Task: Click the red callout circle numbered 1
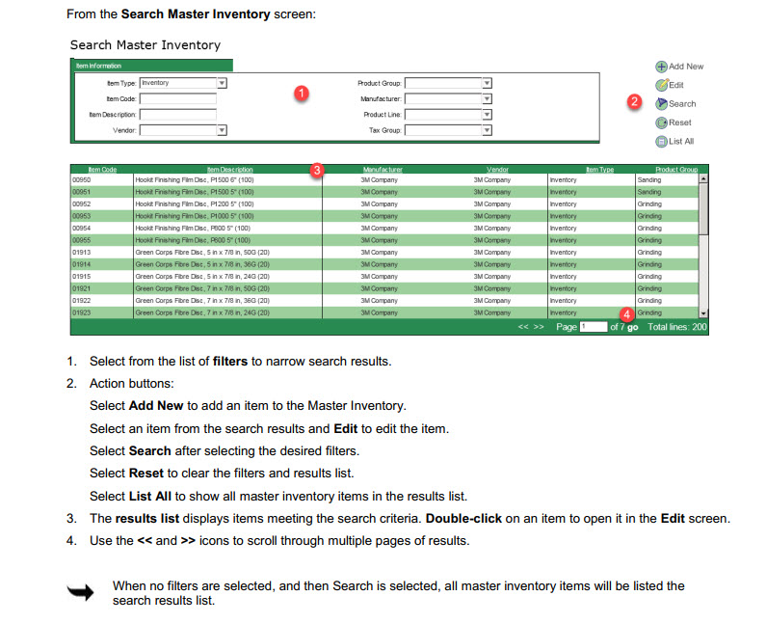point(302,94)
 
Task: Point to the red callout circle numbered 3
point(317,170)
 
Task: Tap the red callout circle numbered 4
point(626,313)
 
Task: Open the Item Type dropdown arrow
point(223,83)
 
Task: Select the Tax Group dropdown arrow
point(487,129)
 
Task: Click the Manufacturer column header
point(383,170)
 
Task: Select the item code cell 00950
point(81,179)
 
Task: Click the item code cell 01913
point(81,253)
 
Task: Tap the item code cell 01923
point(81,312)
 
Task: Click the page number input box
point(593,327)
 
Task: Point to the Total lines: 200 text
point(677,327)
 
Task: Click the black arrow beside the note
point(80,592)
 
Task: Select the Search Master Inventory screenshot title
point(145,45)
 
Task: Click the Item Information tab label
point(94,66)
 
